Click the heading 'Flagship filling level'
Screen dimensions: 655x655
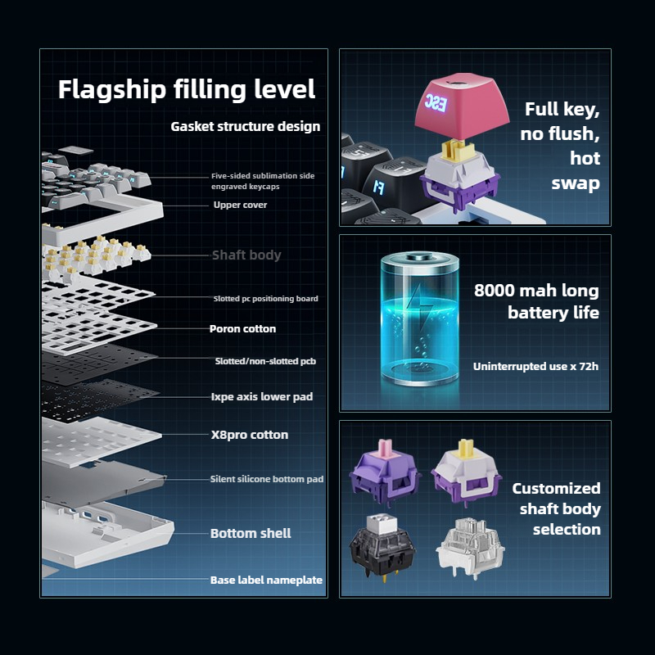tap(187, 90)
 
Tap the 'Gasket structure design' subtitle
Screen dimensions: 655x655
tap(245, 127)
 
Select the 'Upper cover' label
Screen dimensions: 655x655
tap(240, 205)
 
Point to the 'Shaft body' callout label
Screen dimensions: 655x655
tap(246, 255)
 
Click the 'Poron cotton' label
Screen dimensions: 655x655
tap(242, 329)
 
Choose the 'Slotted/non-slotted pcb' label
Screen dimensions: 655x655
tap(265, 361)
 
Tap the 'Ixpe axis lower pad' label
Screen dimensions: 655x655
tap(262, 396)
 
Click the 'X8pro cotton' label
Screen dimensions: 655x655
tap(250, 435)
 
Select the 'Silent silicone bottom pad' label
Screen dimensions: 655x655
tap(267, 479)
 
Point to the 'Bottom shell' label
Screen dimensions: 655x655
tap(251, 534)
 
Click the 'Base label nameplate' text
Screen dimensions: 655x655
tap(267, 580)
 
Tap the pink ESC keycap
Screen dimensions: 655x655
tap(462, 106)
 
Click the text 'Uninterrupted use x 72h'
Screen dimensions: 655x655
tap(535, 366)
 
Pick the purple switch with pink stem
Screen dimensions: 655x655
tap(385, 472)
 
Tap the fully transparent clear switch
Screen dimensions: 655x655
tap(470, 548)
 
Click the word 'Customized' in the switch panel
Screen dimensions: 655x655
tap(557, 488)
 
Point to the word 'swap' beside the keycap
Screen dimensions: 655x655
tap(576, 183)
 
